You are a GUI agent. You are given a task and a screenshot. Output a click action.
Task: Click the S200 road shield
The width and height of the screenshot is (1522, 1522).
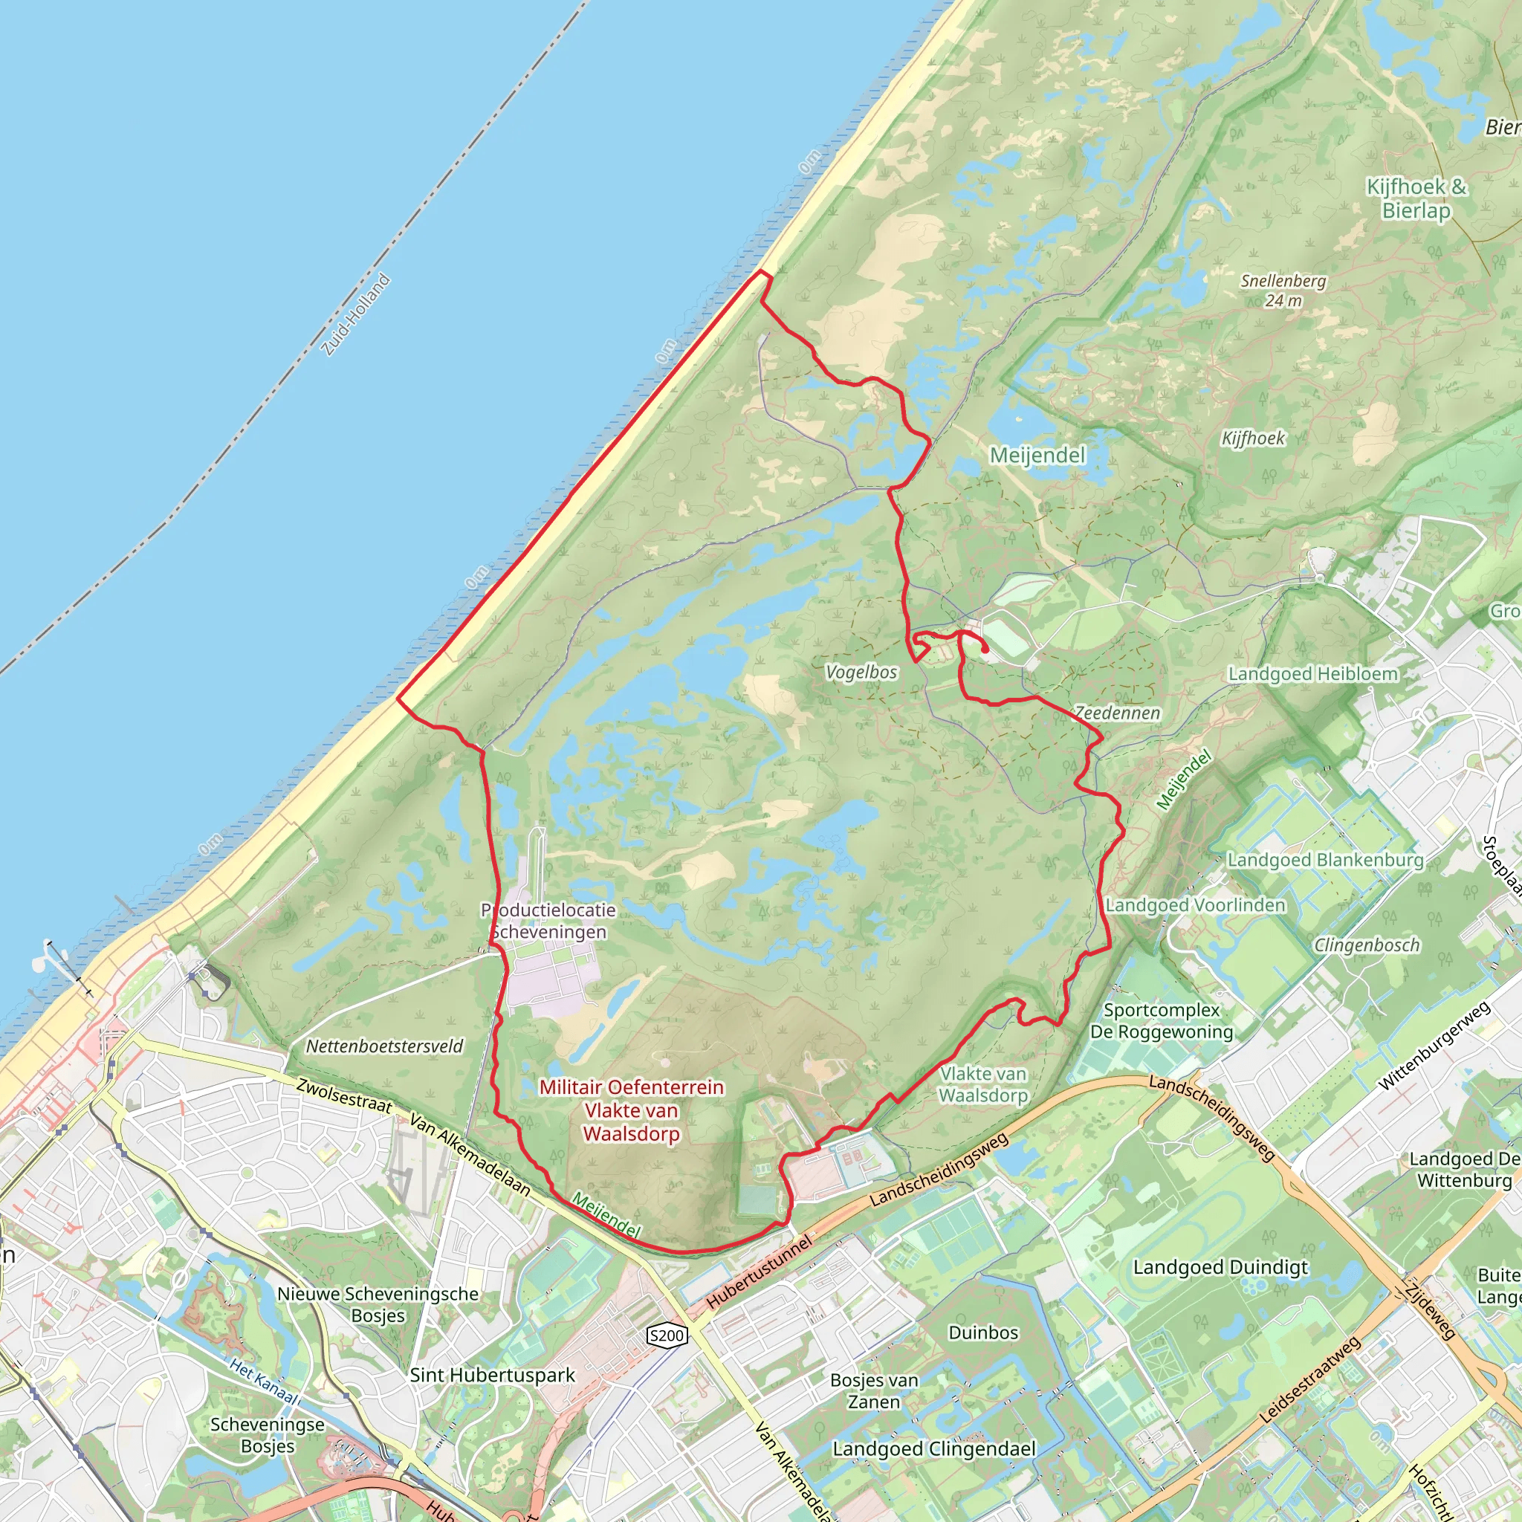[x=667, y=1335]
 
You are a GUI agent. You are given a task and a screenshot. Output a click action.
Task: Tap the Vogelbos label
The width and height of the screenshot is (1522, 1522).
[x=861, y=672]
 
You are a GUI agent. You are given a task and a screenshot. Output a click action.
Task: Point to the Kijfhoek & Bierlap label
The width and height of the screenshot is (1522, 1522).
[x=1416, y=198]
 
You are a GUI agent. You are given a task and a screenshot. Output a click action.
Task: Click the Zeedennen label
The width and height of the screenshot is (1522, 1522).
[x=1118, y=713]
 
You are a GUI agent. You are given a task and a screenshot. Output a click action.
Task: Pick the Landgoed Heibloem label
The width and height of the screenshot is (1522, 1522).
[x=1313, y=674]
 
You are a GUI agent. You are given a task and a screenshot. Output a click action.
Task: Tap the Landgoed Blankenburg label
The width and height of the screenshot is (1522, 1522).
[x=1325, y=860]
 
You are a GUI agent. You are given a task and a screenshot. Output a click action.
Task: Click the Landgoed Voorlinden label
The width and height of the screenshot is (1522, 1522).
[x=1195, y=905]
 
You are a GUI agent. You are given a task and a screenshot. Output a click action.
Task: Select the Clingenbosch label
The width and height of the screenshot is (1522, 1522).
[x=1367, y=945]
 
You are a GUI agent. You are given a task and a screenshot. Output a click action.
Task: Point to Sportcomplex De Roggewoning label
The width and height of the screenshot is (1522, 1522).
[x=1162, y=1021]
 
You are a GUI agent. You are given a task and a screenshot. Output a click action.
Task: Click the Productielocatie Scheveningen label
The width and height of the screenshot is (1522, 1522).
[x=548, y=921]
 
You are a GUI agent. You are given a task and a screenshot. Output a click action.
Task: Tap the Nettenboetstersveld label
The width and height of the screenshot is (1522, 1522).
[x=384, y=1046]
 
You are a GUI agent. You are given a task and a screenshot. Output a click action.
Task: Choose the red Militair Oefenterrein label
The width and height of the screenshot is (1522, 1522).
[x=631, y=1110]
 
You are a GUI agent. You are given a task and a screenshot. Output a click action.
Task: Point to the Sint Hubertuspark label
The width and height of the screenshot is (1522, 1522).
[x=493, y=1376]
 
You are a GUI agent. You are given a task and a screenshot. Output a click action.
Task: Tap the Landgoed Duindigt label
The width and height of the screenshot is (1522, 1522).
[x=1220, y=1268]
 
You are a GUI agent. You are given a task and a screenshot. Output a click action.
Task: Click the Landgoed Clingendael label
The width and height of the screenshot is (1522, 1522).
[x=933, y=1449]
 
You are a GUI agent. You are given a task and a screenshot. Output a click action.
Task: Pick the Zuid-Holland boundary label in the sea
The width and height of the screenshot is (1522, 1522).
[x=356, y=314]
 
